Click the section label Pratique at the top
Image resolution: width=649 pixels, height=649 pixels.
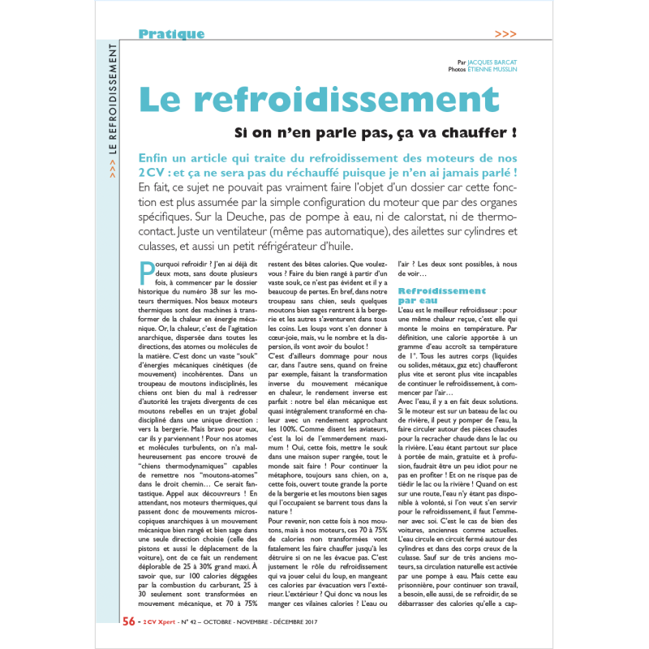pos(171,34)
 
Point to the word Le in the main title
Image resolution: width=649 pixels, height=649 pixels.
pos(161,100)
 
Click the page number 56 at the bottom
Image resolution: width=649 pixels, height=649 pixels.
pos(128,622)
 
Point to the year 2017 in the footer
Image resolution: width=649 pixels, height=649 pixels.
pos(307,622)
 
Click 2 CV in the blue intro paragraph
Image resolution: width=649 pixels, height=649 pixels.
pos(149,173)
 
